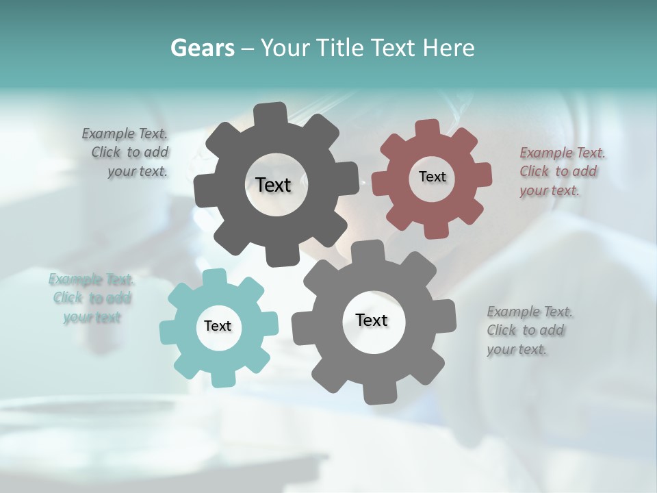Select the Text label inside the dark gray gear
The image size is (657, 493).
coord(273,185)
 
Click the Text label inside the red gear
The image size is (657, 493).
coord(432,177)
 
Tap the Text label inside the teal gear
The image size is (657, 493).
coord(218,326)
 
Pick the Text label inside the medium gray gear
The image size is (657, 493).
coord(372,320)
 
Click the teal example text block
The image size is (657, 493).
coord(91,298)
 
